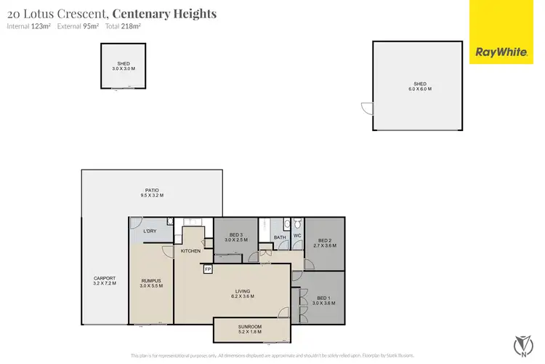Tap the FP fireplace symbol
tap(208, 269)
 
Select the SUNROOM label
tap(249, 329)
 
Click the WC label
tap(297, 236)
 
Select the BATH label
tap(280, 237)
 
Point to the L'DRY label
tap(150, 231)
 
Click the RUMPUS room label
tap(151, 282)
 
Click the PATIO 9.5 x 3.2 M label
tap(152, 192)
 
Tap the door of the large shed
tap(366, 108)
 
